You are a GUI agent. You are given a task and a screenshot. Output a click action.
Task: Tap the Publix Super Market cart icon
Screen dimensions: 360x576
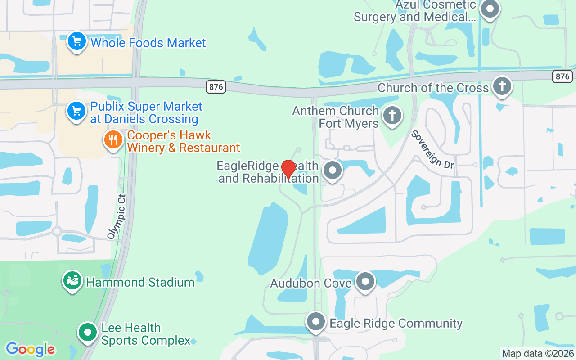coord(76,111)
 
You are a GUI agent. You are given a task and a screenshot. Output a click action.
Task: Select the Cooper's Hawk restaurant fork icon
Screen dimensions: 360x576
coord(113,140)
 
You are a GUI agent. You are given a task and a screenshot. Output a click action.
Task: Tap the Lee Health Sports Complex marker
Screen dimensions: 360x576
coord(88,333)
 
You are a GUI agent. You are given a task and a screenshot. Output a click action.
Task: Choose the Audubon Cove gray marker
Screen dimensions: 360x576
coord(365,282)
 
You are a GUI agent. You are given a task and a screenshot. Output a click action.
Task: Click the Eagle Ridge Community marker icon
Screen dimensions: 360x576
coord(316,322)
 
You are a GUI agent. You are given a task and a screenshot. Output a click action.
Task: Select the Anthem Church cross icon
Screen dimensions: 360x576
coord(392,116)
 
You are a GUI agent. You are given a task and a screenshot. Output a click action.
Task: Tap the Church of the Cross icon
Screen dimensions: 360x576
coord(502,86)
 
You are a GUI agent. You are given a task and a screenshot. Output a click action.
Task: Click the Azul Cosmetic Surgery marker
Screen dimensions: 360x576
coord(490,9)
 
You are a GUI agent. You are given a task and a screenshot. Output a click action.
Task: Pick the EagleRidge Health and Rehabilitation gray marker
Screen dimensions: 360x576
coord(333,171)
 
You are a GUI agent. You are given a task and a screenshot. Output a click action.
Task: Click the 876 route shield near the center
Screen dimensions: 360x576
coord(216,87)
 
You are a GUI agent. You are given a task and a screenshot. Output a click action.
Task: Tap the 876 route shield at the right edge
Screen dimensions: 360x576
coord(562,76)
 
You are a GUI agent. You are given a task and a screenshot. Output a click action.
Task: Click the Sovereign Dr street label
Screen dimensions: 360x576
coord(432,150)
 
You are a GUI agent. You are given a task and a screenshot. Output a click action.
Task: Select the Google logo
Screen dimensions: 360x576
coord(30,349)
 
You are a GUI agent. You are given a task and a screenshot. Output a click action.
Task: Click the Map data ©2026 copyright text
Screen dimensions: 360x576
coord(538,354)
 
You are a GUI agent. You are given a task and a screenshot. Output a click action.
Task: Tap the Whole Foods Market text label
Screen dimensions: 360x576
coord(148,43)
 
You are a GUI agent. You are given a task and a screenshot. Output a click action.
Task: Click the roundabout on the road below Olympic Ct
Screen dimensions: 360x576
coord(57,231)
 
